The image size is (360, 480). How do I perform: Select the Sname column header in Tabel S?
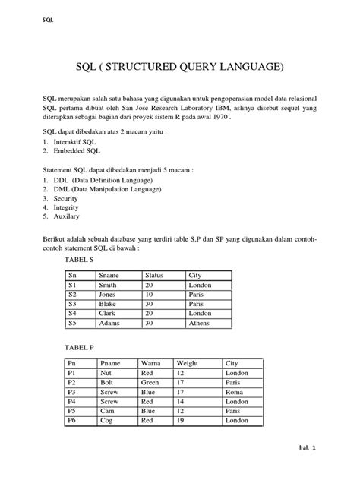pos(110,276)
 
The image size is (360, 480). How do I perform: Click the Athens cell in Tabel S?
pos(201,322)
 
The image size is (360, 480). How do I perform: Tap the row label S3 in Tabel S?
pos(74,304)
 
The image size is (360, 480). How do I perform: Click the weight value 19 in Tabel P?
pos(181,420)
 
